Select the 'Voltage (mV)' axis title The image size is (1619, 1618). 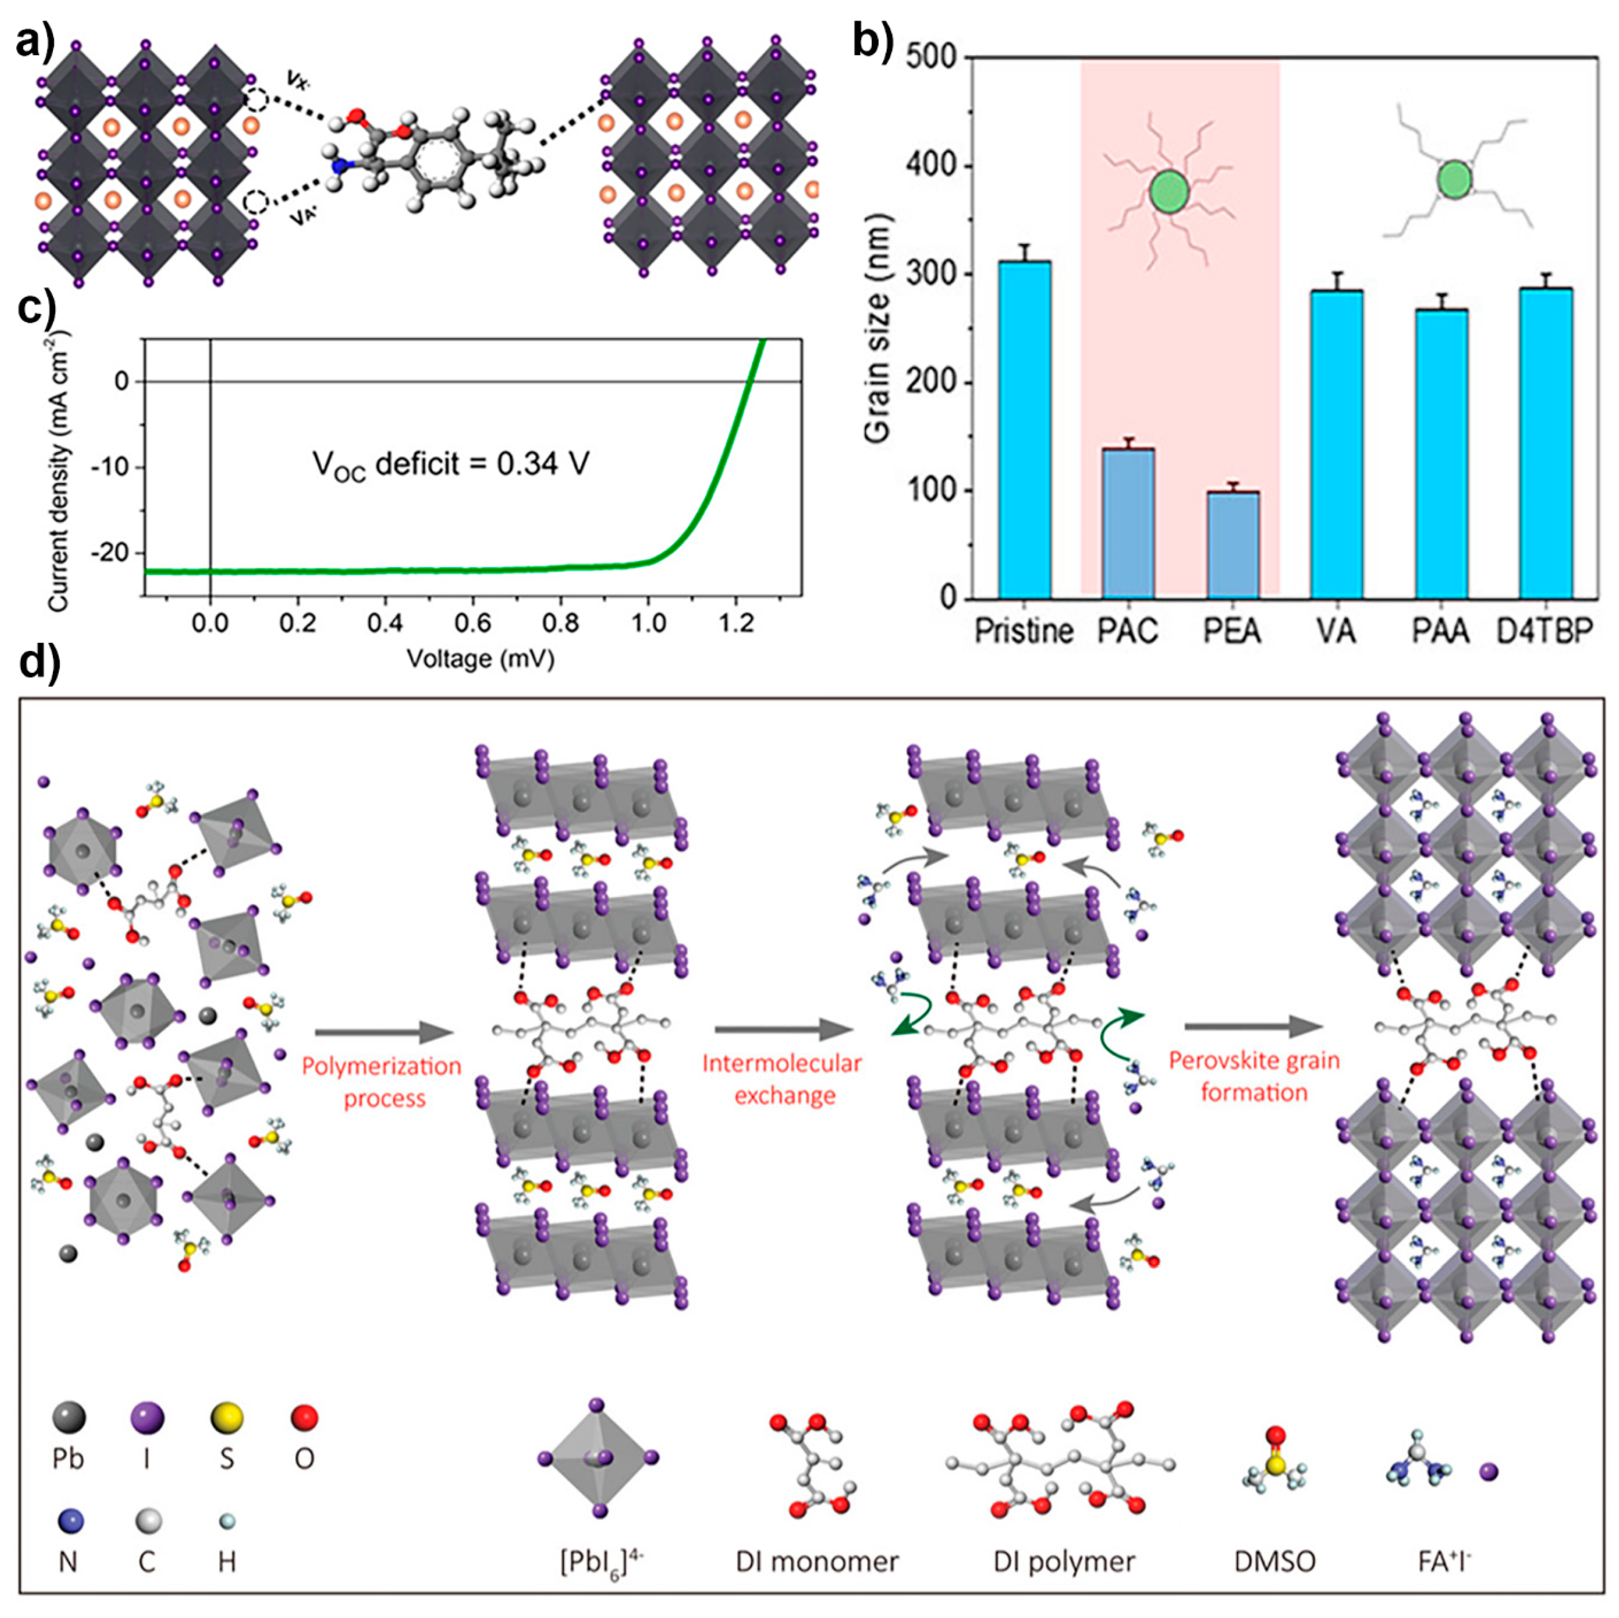point(480,659)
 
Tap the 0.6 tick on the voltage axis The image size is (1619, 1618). point(472,623)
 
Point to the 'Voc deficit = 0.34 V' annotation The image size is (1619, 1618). point(451,464)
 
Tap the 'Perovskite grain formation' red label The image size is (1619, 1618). point(1254,1077)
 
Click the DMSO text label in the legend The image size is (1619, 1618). point(1275,1561)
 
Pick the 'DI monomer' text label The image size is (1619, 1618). point(816,1561)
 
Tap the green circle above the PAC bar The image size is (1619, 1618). point(1169,192)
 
